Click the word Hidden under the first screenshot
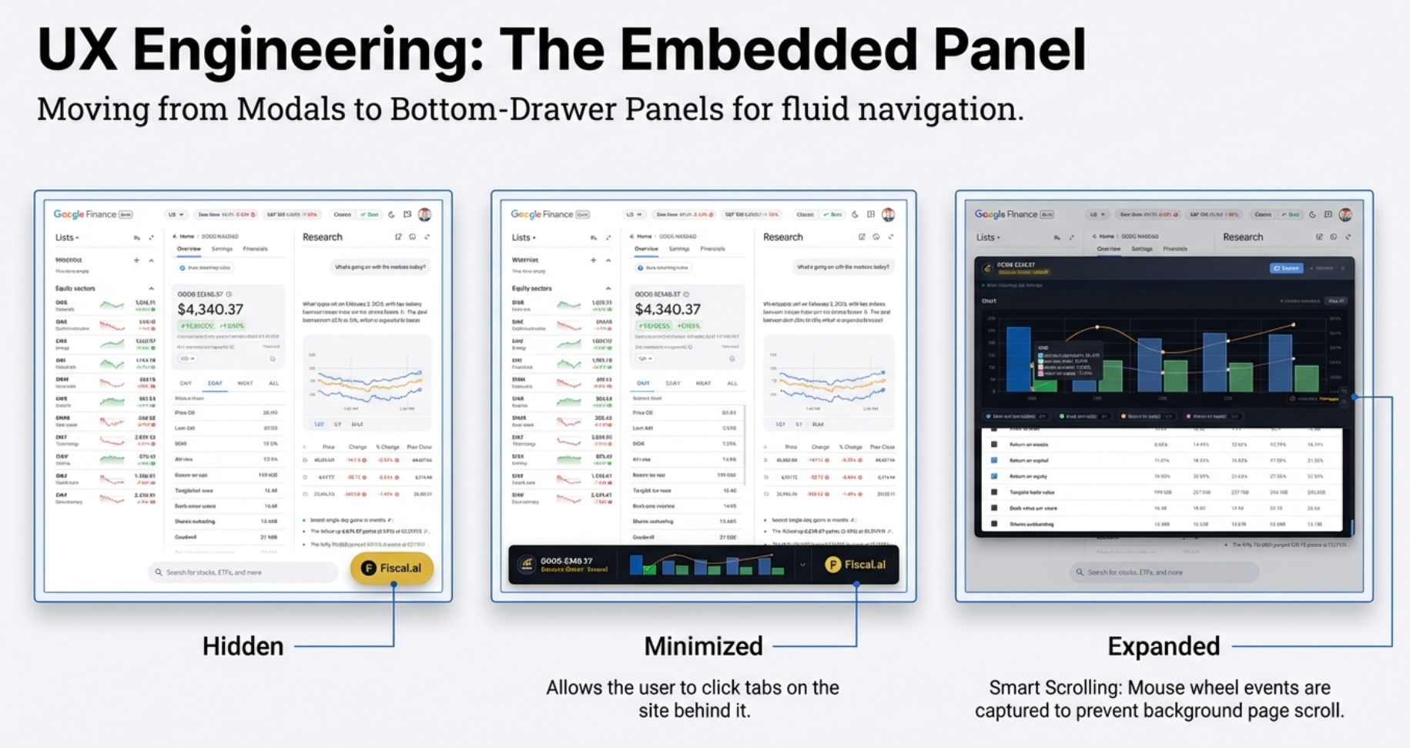point(243,646)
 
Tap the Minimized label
point(703,646)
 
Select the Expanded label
point(1163,646)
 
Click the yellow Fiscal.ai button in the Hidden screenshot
point(392,569)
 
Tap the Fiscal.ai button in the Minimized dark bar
point(856,565)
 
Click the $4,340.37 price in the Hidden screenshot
point(210,310)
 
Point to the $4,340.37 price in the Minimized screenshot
point(668,310)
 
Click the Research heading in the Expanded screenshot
point(1243,237)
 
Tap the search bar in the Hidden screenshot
point(243,572)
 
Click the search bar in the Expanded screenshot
point(1163,572)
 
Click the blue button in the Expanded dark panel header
point(1285,268)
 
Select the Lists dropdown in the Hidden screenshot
point(67,237)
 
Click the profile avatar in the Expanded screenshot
point(1345,214)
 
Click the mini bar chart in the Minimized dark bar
point(707,565)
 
